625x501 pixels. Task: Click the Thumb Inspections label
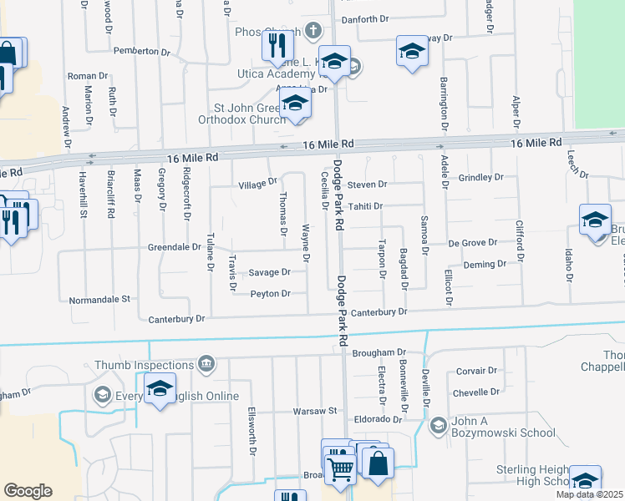click(144, 365)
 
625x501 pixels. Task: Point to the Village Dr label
click(257, 183)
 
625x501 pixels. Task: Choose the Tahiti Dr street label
click(364, 205)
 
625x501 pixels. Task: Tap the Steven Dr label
click(368, 184)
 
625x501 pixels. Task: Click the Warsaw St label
click(313, 411)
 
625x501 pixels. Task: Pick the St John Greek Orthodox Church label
click(250, 114)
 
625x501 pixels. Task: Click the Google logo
click(28, 491)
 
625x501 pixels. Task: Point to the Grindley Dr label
click(481, 177)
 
